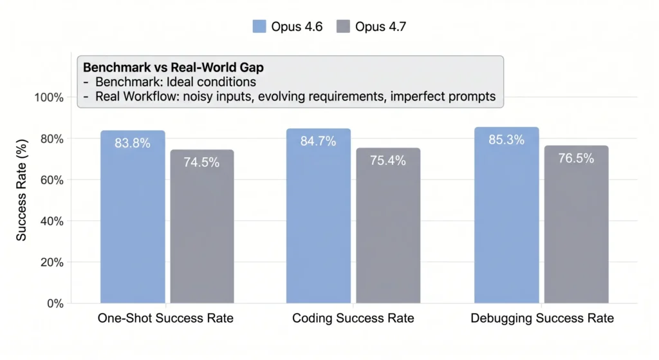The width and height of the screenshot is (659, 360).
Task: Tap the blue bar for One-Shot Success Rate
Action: click(x=133, y=219)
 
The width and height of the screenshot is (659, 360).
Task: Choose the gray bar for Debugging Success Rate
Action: click(x=576, y=226)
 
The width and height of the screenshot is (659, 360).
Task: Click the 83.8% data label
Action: click(x=133, y=143)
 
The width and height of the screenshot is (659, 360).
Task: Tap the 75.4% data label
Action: click(x=388, y=161)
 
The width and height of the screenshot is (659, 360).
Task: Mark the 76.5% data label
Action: click(x=576, y=158)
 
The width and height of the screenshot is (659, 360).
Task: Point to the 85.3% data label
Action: click(x=506, y=140)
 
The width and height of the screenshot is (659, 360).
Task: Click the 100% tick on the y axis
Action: click(x=49, y=98)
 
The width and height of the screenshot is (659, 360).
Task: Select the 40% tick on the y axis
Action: click(x=51, y=221)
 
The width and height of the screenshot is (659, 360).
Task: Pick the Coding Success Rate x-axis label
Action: click(x=353, y=319)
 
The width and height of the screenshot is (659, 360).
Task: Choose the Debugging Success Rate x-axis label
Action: click(x=542, y=319)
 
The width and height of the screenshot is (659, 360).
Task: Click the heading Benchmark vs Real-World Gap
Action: click(x=164, y=67)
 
